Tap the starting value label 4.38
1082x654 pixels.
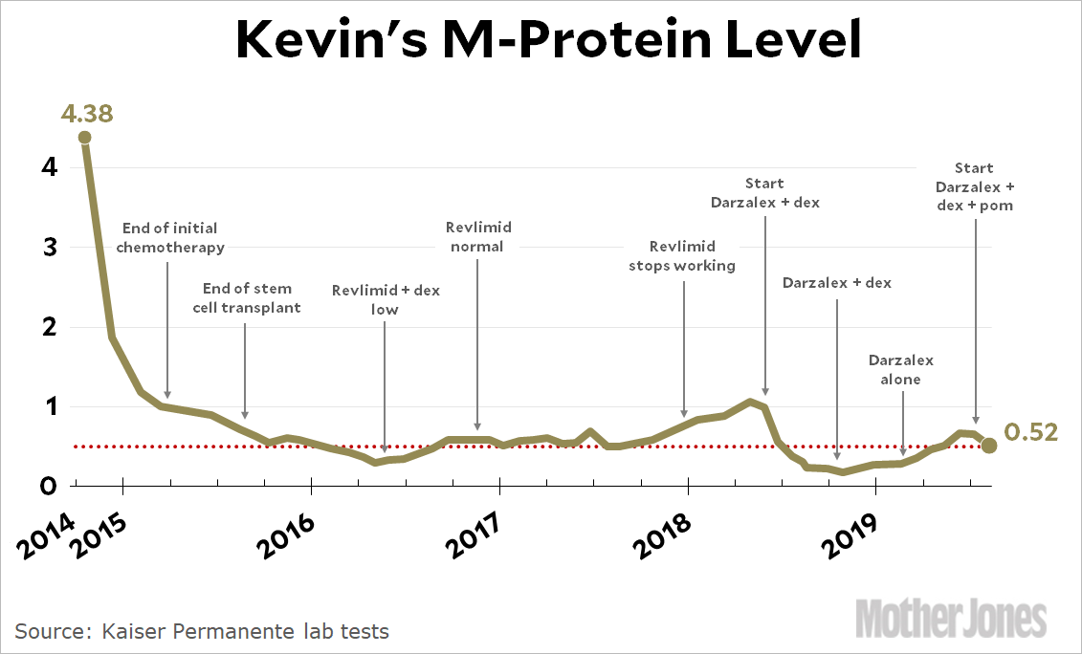point(86,114)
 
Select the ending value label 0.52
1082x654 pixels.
point(1031,432)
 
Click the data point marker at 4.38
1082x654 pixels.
point(85,137)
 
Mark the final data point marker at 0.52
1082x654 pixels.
point(989,446)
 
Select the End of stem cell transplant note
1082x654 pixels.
point(248,297)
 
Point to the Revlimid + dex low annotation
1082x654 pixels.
point(386,299)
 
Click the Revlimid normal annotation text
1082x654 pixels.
point(478,236)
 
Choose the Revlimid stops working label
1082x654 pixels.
point(682,256)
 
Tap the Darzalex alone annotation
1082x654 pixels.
point(901,370)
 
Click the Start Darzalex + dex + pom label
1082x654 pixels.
point(975,186)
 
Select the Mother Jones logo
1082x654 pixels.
point(951,617)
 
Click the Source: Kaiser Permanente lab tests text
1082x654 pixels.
point(202,631)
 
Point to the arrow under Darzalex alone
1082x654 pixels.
point(903,421)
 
